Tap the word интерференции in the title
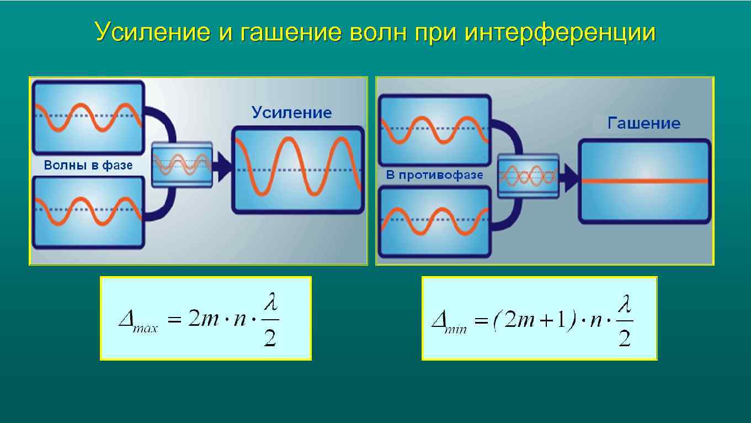point(560,33)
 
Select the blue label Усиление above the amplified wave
point(291,113)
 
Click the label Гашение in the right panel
point(643,123)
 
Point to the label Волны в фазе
point(88,165)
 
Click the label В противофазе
point(434,175)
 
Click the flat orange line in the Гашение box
point(644,181)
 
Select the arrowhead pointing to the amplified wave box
point(223,167)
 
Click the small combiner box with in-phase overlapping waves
point(182,165)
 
